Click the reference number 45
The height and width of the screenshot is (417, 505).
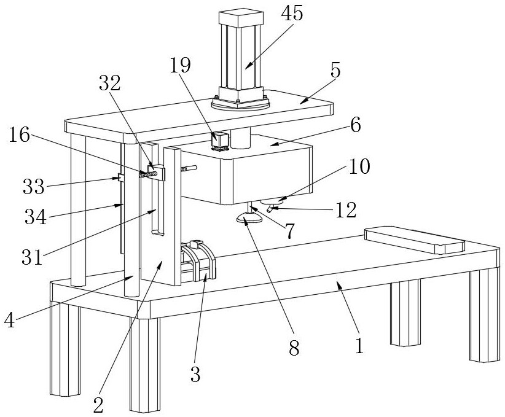292,14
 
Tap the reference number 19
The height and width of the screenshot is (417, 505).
181,65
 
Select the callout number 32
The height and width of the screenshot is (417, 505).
110,84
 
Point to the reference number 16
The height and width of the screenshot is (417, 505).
19,134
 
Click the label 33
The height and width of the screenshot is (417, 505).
34,187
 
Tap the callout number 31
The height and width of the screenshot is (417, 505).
32,257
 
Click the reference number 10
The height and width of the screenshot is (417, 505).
359,166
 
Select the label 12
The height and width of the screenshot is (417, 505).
346,210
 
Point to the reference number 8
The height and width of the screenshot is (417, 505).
294,348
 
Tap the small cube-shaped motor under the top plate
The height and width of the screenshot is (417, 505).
220,142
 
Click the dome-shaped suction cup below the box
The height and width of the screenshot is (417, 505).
249,219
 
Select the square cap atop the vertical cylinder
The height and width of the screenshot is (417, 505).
241,18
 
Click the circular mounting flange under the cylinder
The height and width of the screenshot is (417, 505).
240,104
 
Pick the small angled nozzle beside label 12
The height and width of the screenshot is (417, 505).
270,209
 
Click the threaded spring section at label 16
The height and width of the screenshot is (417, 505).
149,174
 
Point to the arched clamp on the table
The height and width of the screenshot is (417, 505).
198,262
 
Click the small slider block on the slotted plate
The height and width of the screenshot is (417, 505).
156,173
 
